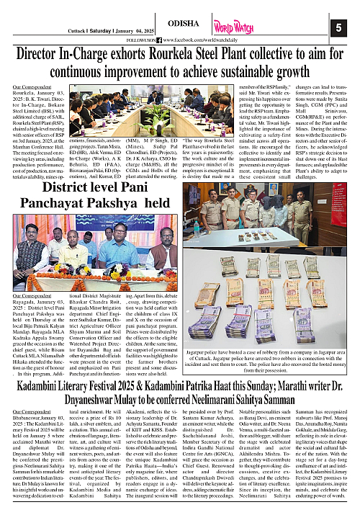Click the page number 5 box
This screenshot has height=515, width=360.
[x=339, y=27]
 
